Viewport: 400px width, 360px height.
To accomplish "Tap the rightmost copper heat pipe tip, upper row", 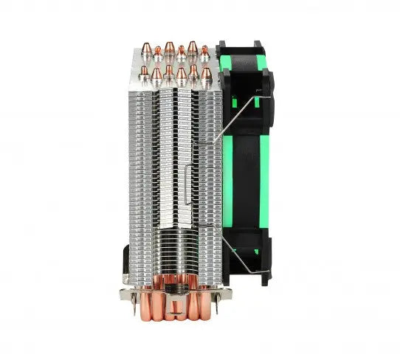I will (x=204, y=50).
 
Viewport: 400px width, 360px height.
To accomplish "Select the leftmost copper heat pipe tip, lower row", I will (x=145, y=72).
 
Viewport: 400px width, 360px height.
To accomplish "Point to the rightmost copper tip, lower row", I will (x=204, y=72).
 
